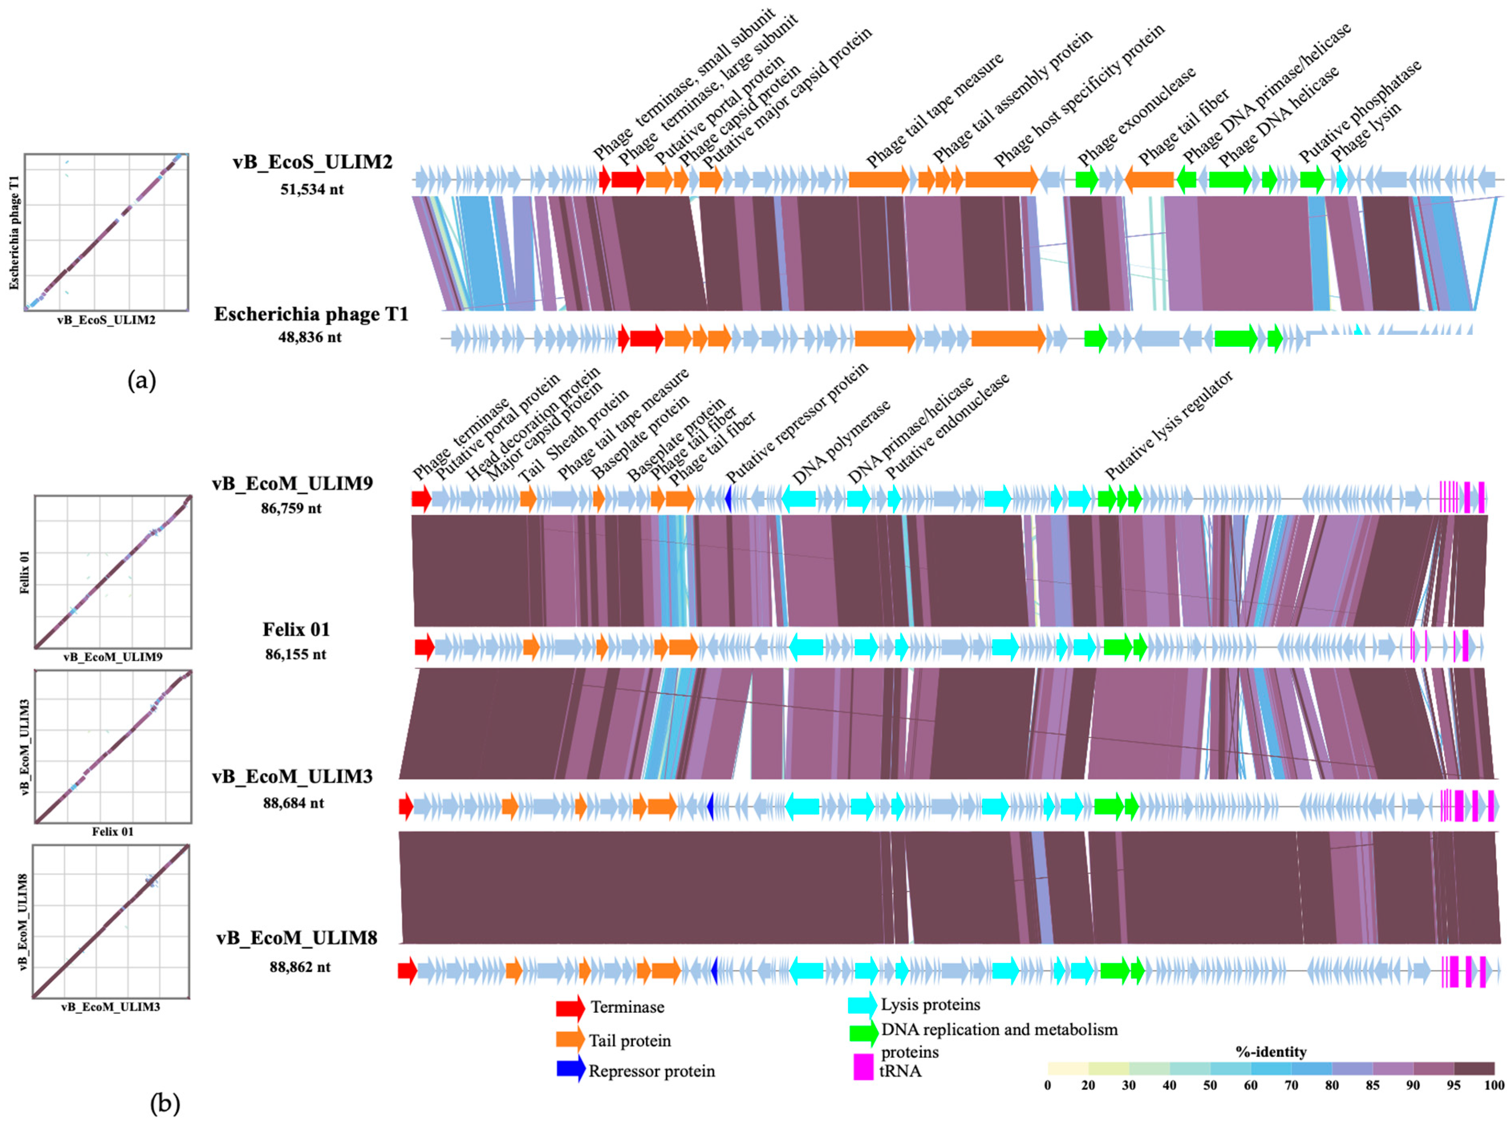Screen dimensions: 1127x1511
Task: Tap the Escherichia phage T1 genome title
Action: pos(311,314)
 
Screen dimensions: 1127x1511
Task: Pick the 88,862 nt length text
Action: pos(300,967)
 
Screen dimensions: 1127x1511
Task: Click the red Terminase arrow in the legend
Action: pos(570,1008)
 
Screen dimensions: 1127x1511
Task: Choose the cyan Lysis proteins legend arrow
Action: pos(862,1004)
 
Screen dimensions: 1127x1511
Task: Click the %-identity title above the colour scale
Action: pos(1270,1051)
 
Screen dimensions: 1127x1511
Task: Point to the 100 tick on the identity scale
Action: pos(1494,1085)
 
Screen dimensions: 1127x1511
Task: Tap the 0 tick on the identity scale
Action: pos(1048,1085)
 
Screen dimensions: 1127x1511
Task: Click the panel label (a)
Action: pos(142,380)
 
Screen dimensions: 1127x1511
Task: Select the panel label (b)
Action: pos(164,1103)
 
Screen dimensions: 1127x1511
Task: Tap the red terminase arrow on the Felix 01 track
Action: pos(424,646)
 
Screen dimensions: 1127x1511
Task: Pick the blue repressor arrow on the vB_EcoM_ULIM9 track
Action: pos(729,499)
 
